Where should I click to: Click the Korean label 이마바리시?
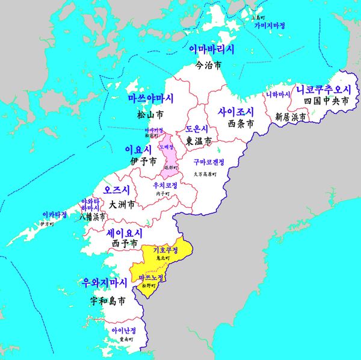[212, 49]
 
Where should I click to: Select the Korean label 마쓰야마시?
[150, 98]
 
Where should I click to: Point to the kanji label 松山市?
[150, 113]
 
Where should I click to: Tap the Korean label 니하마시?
[278, 95]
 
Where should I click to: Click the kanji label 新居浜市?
[291, 117]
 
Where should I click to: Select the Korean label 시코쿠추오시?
[322, 90]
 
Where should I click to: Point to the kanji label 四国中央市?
[326, 102]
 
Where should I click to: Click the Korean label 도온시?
[197, 129]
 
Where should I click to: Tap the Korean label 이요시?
[137, 149]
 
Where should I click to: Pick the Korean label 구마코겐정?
[209, 162]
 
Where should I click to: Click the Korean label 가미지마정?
[269, 26]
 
